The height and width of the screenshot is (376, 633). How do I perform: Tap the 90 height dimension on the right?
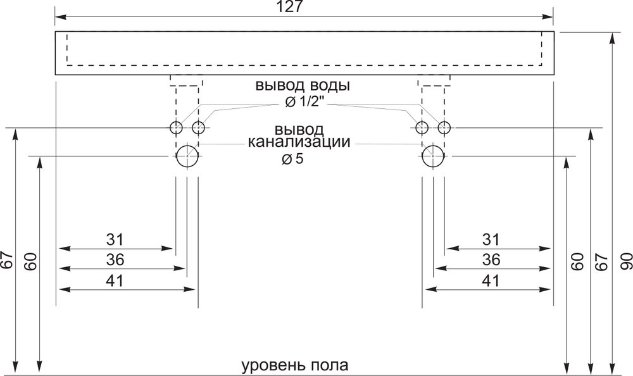[x=625, y=261]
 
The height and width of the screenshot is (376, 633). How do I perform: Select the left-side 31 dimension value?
[x=115, y=239]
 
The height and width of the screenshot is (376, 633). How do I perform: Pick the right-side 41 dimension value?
[x=491, y=280]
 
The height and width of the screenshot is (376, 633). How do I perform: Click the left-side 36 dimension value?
[x=115, y=260]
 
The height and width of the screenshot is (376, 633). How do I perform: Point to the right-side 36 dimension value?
[x=491, y=260]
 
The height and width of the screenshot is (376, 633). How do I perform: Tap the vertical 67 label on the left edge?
[x=7, y=261]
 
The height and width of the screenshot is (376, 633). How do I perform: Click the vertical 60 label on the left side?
[x=30, y=261]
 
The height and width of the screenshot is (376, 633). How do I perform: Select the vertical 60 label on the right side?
[x=579, y=261]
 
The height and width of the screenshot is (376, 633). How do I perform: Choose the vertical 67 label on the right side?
[x=602, y=261]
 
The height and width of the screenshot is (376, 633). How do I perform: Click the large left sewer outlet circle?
[x=187, y=156]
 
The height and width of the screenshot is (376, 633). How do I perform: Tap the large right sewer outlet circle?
[x=433, y=156]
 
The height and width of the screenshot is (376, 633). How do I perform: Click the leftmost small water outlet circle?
[x=176, y=128]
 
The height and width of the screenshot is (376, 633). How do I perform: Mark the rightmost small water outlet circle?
[x=444, y=128]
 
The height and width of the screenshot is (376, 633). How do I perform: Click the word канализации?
[x=299, y=142]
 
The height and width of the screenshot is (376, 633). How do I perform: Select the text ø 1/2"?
[x=305, y=103]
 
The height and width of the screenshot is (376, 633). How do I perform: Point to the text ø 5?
[x=292, y=159]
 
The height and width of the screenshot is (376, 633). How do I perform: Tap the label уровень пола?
[x=295, y=366]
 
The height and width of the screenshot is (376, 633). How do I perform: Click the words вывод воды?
[x=303, y=86]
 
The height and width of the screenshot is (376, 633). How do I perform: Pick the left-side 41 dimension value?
[x=115, y=280]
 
